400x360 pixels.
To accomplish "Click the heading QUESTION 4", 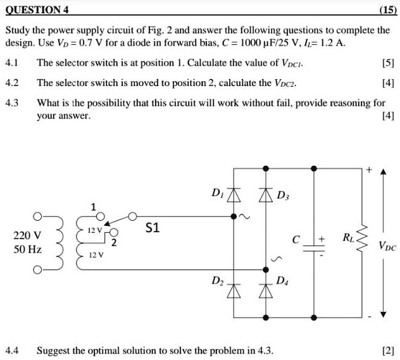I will coord(38,10).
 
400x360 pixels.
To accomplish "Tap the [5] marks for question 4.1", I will coord(385,63).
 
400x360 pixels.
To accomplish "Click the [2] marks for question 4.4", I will coord(385,349).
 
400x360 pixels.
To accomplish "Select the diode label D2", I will coord(218,278).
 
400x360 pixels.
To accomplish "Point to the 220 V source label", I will coord(27,235).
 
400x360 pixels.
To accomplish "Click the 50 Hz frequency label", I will coord(27,250).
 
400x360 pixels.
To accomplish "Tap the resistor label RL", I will coord(349,239).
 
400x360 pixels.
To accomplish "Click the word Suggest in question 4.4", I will coord(55,349).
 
